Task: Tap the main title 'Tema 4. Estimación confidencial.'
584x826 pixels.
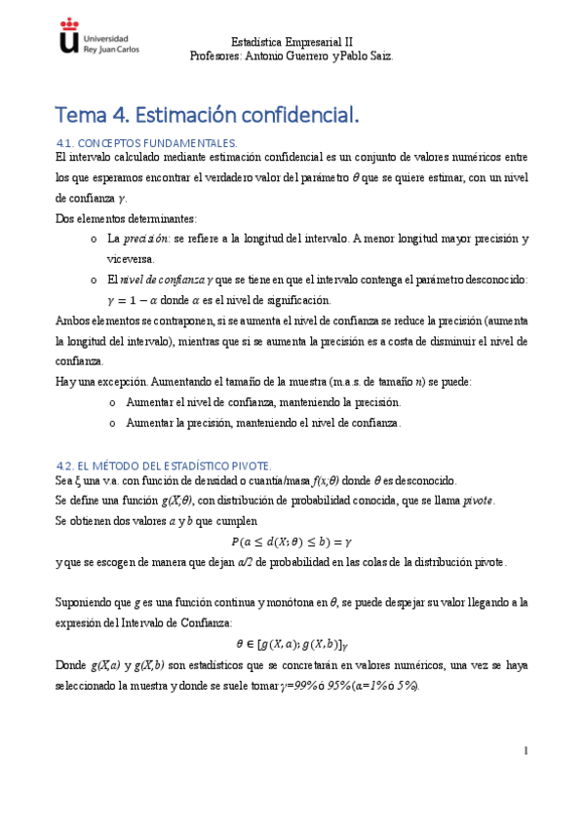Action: pos(208,115)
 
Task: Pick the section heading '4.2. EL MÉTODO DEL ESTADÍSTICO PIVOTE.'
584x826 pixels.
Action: pos(164,465)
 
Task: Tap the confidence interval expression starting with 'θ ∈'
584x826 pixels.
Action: pos(292,644)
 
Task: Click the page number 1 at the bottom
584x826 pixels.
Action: pos(525,750)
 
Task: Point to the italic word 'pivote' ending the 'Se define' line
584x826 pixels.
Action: pos(477,500)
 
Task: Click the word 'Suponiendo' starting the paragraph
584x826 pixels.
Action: pos(87,603)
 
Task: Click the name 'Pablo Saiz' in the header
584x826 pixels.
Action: pos(369,56)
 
